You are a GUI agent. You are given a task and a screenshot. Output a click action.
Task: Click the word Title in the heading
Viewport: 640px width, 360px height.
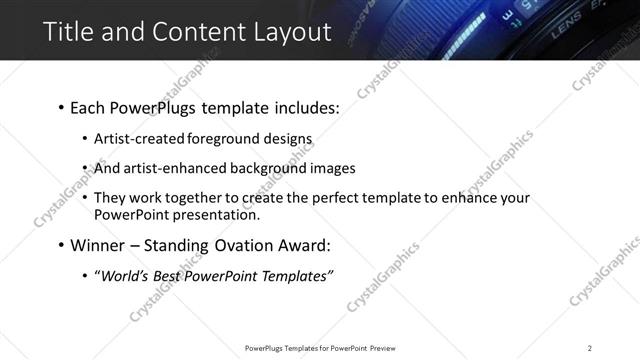click(68, 31)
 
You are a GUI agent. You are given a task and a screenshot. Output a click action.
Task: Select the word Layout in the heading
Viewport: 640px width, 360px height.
click(290, 31)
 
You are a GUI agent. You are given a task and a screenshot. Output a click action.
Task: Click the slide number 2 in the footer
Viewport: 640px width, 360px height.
click(590, 348)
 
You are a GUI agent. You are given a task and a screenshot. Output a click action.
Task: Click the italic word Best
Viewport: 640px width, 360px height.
click(166, 276)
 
